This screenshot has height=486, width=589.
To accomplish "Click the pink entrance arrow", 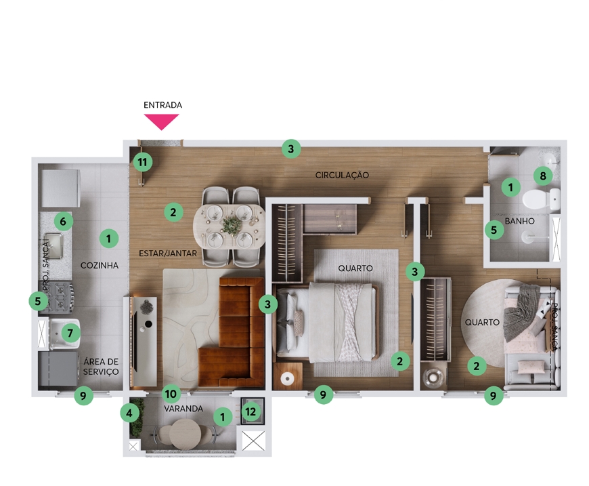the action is point(162,121).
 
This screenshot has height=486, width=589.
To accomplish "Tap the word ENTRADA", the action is point(162,105).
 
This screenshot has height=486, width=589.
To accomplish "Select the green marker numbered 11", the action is point(143,162).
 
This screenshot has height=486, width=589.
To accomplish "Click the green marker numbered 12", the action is point(250,411).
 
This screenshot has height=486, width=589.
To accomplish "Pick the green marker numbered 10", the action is point(171,394).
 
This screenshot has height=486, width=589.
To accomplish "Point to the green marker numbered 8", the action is point(543,176).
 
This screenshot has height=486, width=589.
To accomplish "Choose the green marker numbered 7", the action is point(70,333).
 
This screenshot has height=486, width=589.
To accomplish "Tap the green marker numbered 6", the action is point(63,221).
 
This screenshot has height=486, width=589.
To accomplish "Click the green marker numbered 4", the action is point(129,413).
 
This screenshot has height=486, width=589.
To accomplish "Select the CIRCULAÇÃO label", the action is point(342,175).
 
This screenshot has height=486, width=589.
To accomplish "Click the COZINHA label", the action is point(100,265).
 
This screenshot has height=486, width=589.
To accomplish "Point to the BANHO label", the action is point(519,221).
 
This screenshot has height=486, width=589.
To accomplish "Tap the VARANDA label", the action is point(183,409).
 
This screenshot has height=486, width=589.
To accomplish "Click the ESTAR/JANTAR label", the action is point(168,253).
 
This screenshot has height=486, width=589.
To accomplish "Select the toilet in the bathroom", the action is point(541,199).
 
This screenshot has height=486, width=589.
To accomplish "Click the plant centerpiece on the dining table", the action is point(231,226).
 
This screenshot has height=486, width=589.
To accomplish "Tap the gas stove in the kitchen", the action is point(58,297).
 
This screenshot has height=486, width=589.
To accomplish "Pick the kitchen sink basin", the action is point(53,246).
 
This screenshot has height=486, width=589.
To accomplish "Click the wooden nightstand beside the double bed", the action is point(288,376).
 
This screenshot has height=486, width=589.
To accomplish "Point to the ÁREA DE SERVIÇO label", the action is point(101,367).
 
